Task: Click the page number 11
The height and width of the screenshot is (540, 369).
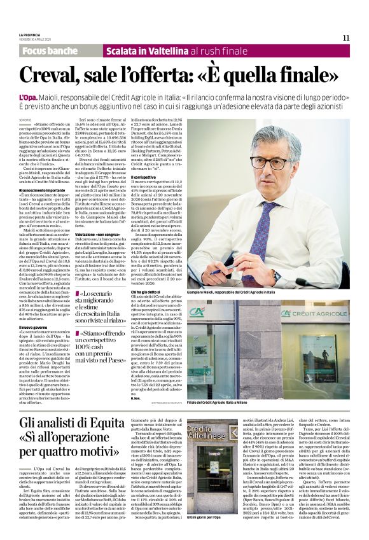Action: [345, 38]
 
